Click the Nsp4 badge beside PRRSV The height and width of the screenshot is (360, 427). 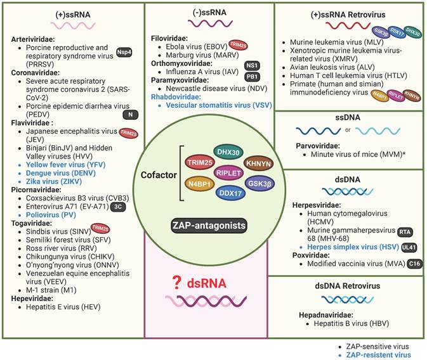pyautogui.click(x=126, y=53)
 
